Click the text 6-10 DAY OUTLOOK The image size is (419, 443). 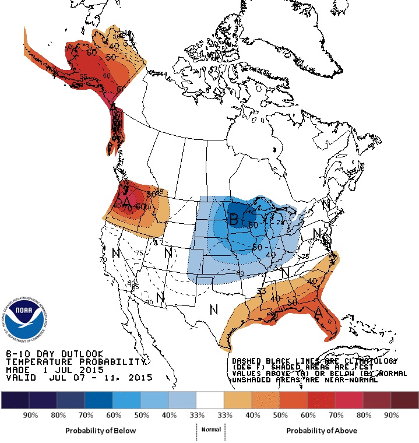pos(54,354)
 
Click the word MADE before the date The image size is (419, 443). pos(18,370)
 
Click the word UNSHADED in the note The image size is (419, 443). pos(251,379)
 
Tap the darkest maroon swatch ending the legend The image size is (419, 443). pos(405,400)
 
